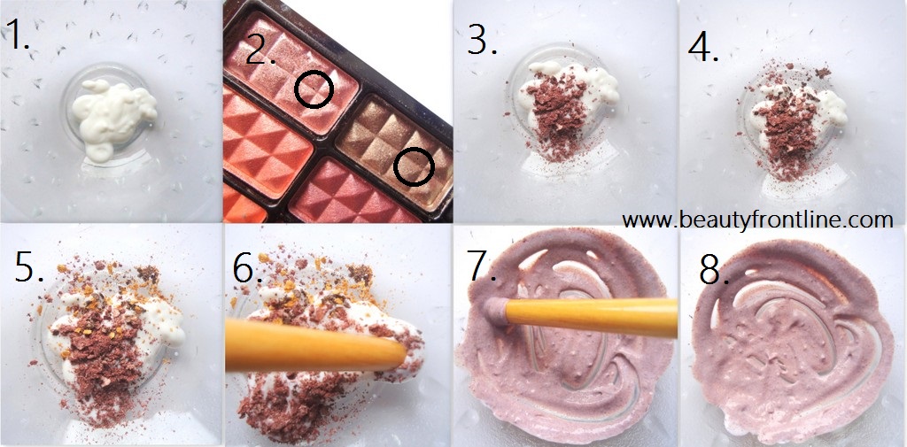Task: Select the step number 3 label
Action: point(483,39)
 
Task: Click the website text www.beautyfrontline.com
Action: point(758,220)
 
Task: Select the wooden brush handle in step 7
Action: point(591,317)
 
